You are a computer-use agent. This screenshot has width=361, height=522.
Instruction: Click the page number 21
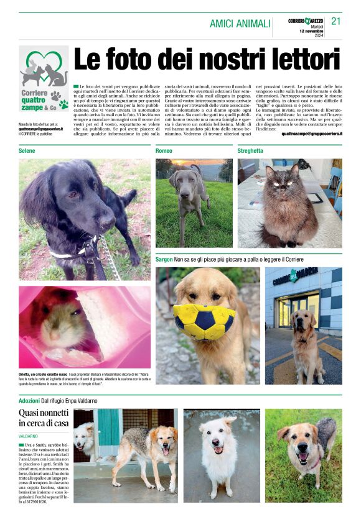click(336, 21)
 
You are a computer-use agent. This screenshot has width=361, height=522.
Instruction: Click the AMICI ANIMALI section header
click(240, 24)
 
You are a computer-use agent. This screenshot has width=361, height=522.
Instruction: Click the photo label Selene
click(27, 151)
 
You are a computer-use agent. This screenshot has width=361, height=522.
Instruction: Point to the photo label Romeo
click(164, 151)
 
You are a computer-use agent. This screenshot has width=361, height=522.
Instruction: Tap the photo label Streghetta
click(250, 151)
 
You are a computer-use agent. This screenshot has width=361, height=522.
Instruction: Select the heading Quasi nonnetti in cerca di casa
click(43, 418)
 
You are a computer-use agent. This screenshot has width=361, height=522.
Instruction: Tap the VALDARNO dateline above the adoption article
click(28, 436)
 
